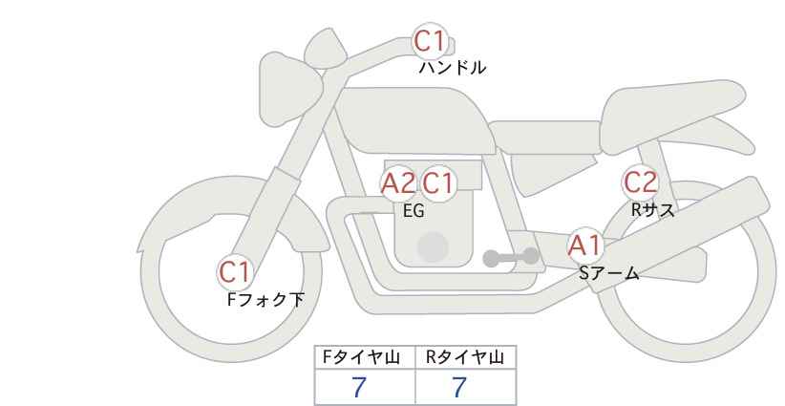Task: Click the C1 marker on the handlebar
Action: (x=429, y=41)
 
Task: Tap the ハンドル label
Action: (x=452, y=68)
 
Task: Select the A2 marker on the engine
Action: (x=398, y=183)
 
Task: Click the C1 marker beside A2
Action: (x=437, y=183)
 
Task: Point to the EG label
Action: (x=414, y=211)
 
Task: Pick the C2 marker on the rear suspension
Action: (x=640, y=182)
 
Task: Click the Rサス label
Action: (x=652, y=210)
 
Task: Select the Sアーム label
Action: (x=608, y=273)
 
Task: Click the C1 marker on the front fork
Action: (x=234, y=273)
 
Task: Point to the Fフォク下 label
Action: (x=265, y=300)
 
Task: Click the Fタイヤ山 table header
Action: (x=361, y=357)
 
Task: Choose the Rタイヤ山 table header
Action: (x=465, y=357)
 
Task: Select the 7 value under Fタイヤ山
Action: (x=359, y=387)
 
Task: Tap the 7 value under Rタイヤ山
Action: (x=459, y=387)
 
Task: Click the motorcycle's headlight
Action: (x=290, y=90)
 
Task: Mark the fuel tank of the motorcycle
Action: (x=413, y=120)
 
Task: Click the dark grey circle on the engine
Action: (x=433, y=247)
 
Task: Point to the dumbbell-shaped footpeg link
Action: (x=511, y=257)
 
